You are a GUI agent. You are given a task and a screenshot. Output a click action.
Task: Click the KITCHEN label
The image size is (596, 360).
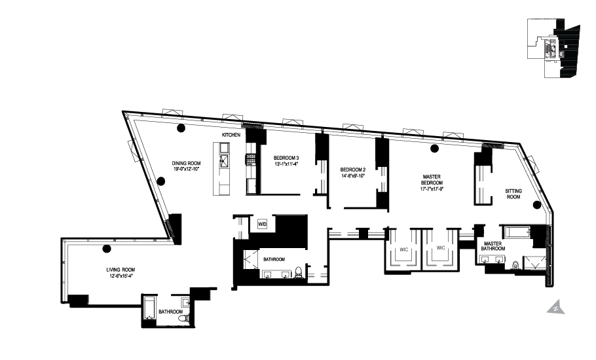coord(231,134)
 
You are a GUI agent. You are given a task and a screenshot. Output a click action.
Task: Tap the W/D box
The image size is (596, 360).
coord(262,224)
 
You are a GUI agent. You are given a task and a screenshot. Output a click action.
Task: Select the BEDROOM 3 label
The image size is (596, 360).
coord(286,157)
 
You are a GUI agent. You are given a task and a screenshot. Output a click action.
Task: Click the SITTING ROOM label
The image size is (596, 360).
coord(513,194)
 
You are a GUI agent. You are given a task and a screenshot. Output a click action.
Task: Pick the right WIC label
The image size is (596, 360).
coord(441,248)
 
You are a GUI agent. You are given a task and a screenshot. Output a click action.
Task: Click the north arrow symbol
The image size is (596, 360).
coord(556,306)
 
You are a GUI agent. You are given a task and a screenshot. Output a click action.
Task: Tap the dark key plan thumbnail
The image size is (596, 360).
coord(553,48)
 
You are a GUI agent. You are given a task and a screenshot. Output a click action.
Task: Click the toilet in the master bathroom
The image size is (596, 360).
coord(515,266)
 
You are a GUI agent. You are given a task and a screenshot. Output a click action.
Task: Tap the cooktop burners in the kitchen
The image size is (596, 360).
coord(250,158)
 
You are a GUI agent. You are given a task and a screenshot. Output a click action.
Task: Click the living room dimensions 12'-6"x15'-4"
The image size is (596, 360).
coord(121,276)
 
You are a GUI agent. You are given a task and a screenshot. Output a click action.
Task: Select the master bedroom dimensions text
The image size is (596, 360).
coord(432,189)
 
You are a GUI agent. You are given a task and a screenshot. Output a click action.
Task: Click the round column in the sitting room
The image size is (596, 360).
coord(537,205)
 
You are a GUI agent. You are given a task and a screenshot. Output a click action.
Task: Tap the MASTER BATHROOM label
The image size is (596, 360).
coord(492,246)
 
